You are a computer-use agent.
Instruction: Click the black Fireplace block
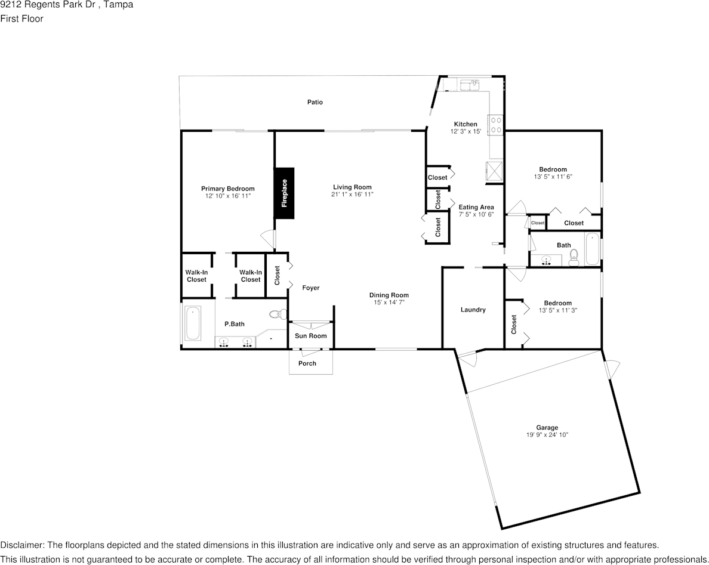pos(284,193)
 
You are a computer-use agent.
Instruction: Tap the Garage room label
pos(547,428)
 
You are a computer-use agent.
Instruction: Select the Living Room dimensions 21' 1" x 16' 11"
pos(352,194)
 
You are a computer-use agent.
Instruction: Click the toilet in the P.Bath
pos(278,314)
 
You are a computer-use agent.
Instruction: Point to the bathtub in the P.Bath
pos(193,323)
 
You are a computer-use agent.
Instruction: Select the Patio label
pos(315,103)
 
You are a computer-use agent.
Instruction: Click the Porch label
pos(307,363)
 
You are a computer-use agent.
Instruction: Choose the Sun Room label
pos(311,336)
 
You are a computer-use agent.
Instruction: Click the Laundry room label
pos(473,310)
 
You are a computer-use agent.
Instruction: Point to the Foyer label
pos(310,288)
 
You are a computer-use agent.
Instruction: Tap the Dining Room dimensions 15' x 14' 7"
pos(389,302)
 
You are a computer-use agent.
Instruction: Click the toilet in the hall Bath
pos(574,257)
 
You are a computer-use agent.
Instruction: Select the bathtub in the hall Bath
pos(592,249)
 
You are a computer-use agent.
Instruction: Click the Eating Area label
pos(476,207)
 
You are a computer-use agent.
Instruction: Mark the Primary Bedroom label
pos(227,189)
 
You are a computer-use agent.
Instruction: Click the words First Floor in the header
pos(21,18)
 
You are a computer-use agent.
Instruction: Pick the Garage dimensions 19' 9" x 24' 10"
pos(547,435)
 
